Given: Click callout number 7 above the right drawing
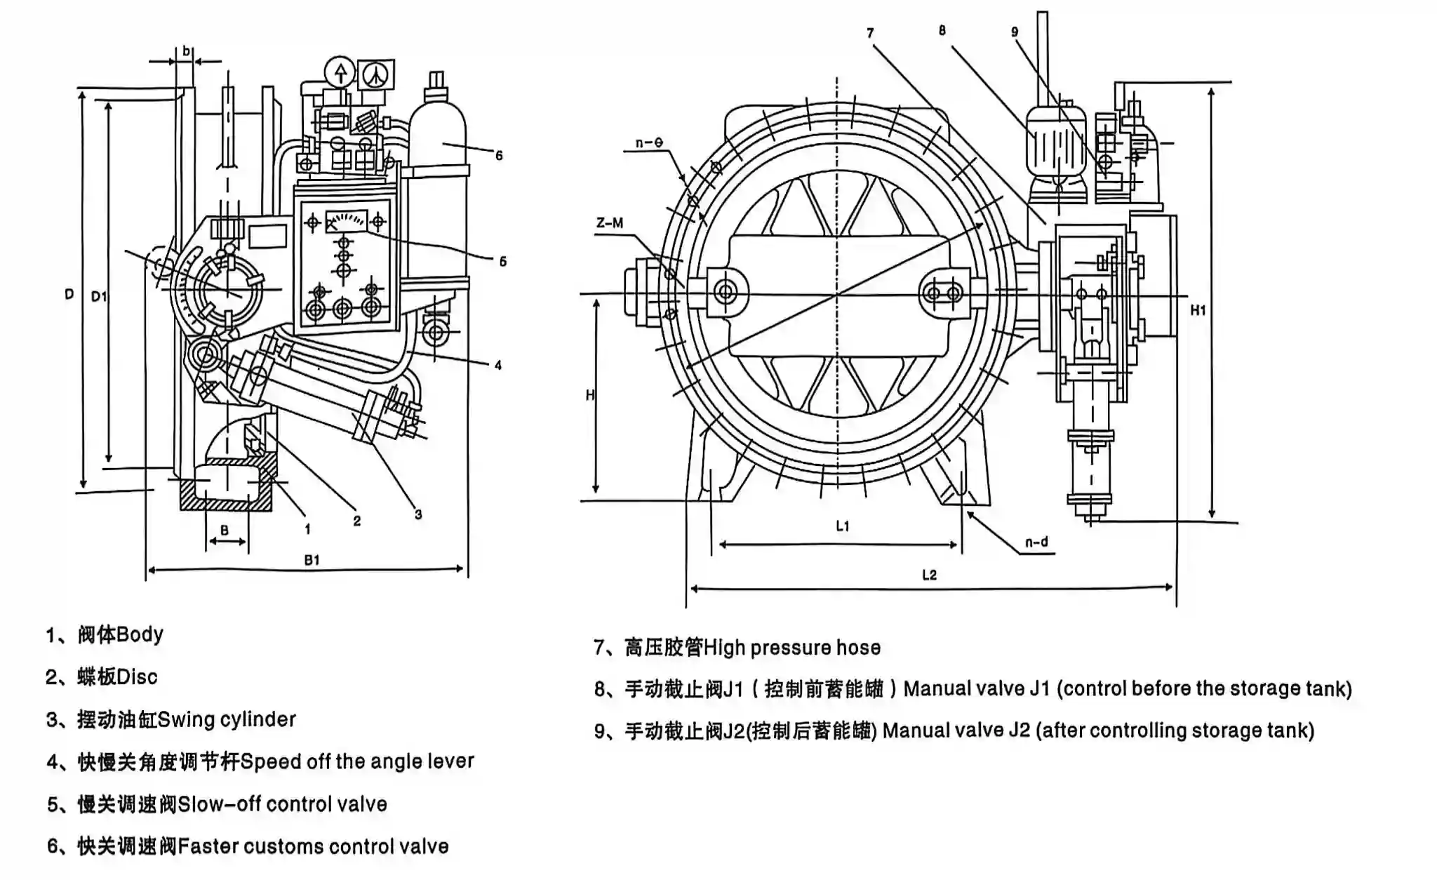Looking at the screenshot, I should click(870, 33).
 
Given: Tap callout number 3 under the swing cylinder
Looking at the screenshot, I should click(418, 514).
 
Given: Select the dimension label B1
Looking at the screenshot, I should click(312, 560).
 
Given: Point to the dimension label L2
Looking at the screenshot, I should click(929, 575).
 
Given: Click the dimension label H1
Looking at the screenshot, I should click(1198, 310).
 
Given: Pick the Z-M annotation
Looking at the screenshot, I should click(609, 223).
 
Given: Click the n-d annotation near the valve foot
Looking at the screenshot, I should click(1036, 542).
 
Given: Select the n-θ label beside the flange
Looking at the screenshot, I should click(649, 143).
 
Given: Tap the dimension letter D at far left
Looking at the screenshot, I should click(69, 295).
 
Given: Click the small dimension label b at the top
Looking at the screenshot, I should click(186, 51).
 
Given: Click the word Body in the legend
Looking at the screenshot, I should click(140, 634).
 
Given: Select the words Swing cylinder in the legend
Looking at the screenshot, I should click(227, 719).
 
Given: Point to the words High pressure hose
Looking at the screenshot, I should click(791, 647).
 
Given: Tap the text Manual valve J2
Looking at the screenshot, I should click(956, 731).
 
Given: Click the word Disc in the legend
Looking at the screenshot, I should click(137, 677).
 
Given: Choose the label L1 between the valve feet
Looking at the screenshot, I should click(843, 526).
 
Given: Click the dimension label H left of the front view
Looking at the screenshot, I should click(590, 396).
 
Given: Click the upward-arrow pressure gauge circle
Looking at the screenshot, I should click(341, 72).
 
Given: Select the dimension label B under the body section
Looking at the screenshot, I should click(225, 531).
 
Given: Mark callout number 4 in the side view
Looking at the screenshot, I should click(497, 365).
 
